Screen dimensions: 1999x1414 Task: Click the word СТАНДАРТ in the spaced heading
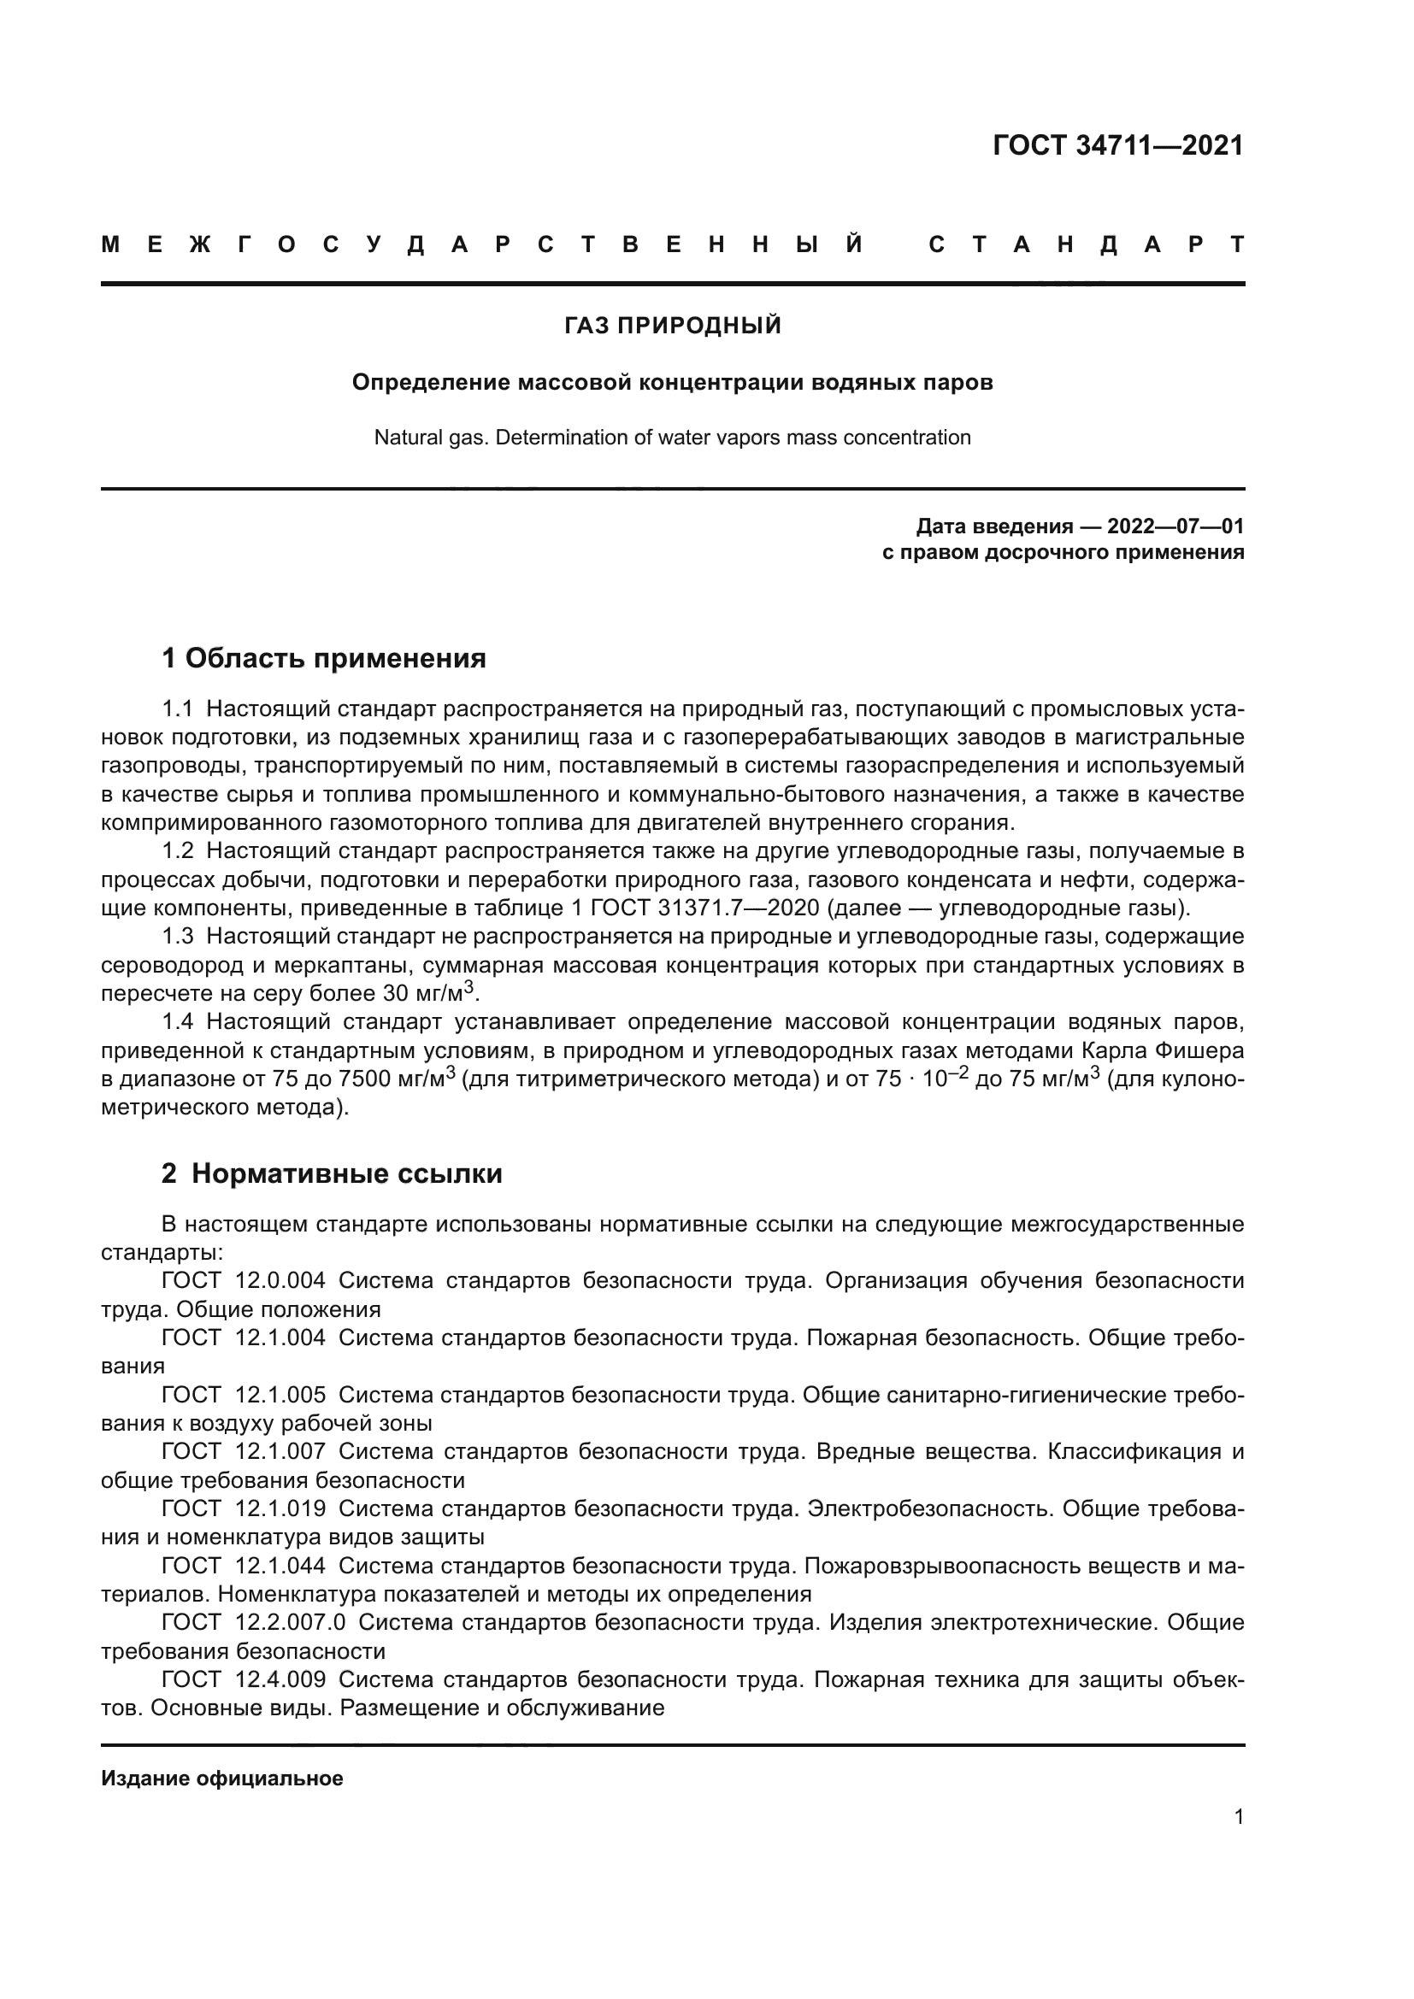point(1086,244)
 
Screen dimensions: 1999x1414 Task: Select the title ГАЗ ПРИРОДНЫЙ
point(672,326)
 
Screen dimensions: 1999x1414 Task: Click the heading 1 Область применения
point(323,658)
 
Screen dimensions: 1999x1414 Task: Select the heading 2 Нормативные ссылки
point(332,1173)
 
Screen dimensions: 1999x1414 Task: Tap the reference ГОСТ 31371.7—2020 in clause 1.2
point(704,908)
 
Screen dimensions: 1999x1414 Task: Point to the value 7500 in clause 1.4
point(364,1079)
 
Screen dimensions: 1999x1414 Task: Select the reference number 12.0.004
point(280,1281)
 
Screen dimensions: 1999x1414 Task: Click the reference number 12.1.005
point(280,1395)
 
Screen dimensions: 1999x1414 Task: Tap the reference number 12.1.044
point(280,1566)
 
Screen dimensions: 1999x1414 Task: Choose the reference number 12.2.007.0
point(290,1622)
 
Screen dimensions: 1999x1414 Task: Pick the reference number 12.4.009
point(280,1679)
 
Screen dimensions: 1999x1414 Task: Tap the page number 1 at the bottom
point(1238,1817)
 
